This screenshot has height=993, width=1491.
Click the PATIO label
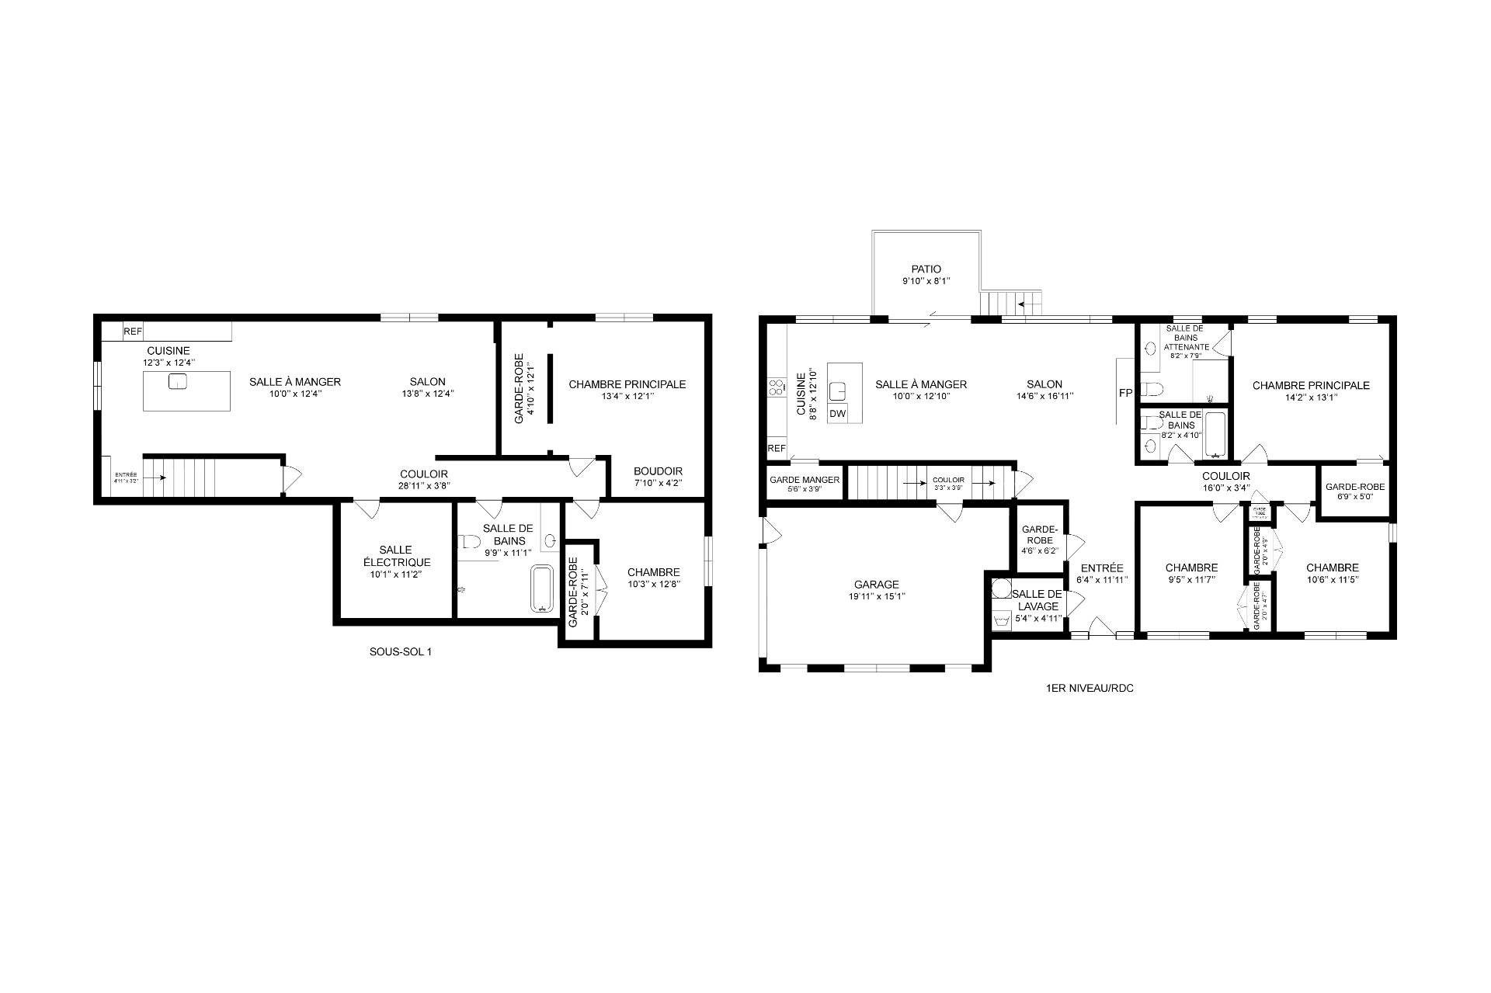pyautogui.click(x=926, y=269)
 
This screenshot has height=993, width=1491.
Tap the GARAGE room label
pyautogui.click(x=876, y=585)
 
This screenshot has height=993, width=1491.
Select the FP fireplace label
pyautogui.click(x=1125, y=393)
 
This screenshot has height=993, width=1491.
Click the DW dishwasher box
pyautogui.click(x=837, y=414)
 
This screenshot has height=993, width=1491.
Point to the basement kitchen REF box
pyautogui.click(x=133, y=332)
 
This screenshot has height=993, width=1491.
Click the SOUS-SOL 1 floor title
pyautogui.click(x=400, y=652)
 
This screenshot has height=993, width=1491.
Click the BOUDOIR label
pyautogui.click(x=658, y=471)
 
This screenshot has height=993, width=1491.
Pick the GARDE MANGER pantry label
pyautogui.click(x=805, y=480)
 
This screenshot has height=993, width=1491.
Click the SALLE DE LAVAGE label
pyautogui.click(x=1036, y=600)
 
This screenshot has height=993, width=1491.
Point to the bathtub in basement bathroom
pyautogui.click(x=542, y=588)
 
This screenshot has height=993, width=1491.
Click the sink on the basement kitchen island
pyautogui.click(x=178, y=381)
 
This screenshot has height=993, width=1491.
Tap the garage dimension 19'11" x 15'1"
pyautogui.click(x=876, y=596)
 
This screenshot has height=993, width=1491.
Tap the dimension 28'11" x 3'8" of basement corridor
pyautogui.click(x=424, y=486)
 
